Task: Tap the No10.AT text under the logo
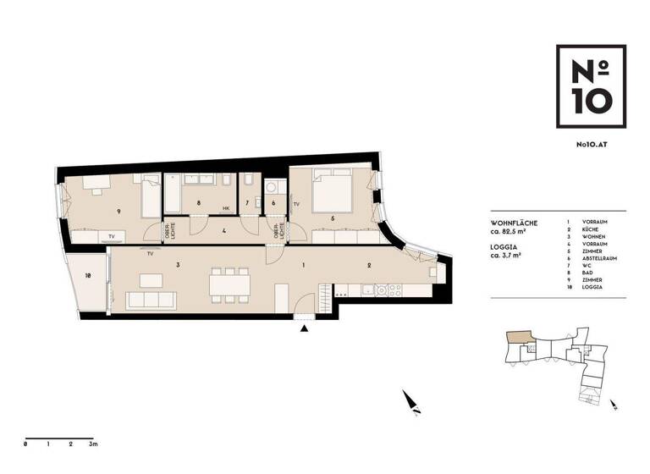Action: (x=592, y=146)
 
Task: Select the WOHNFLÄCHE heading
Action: (x=514, y=222)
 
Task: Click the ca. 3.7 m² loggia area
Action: (x=510, y=255)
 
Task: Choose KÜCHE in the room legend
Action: (x=590, y=230)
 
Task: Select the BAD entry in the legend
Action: (x=587, y=278)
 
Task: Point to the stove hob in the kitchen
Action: (x=388, y=290)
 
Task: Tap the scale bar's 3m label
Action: (x=94, y=444)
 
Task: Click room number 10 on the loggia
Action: (x=87, y=275)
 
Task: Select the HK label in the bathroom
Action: (x=227, y=208)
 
